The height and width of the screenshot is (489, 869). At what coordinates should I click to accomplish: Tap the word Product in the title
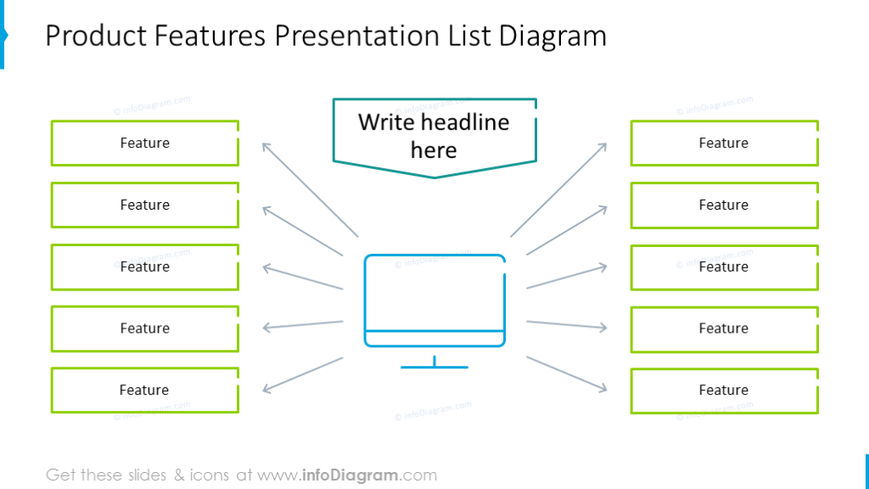pos(96,36)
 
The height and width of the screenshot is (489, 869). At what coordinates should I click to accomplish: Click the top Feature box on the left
pos(145,143)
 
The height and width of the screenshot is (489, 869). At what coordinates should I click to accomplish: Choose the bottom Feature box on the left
pos(145,391)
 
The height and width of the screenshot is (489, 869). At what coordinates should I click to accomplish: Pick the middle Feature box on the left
pos(145,267)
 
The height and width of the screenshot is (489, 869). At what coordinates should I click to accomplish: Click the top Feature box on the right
pos(725,143)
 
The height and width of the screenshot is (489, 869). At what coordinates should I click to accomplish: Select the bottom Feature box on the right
pos(725,391)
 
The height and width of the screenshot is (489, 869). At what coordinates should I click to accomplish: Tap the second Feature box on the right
pos(725,205)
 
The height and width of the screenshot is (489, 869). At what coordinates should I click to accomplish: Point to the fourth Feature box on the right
pos(725,329)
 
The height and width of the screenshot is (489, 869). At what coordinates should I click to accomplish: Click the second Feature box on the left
pos(145,205)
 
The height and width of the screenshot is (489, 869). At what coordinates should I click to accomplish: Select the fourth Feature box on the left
pos(145,329)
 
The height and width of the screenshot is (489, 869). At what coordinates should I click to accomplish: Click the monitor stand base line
pos(434,367)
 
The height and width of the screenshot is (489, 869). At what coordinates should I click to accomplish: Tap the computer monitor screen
pos(434,292)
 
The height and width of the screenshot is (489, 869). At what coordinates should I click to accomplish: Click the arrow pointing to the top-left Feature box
pos(311,189)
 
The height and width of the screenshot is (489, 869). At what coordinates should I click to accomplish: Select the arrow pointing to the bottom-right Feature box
pos(567,374)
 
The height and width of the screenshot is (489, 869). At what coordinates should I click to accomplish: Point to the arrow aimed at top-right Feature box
pos(558,189)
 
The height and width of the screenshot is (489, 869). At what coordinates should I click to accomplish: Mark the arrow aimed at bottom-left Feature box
pos(303,375)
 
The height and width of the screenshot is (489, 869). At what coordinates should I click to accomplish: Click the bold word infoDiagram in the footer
pos(350,475)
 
